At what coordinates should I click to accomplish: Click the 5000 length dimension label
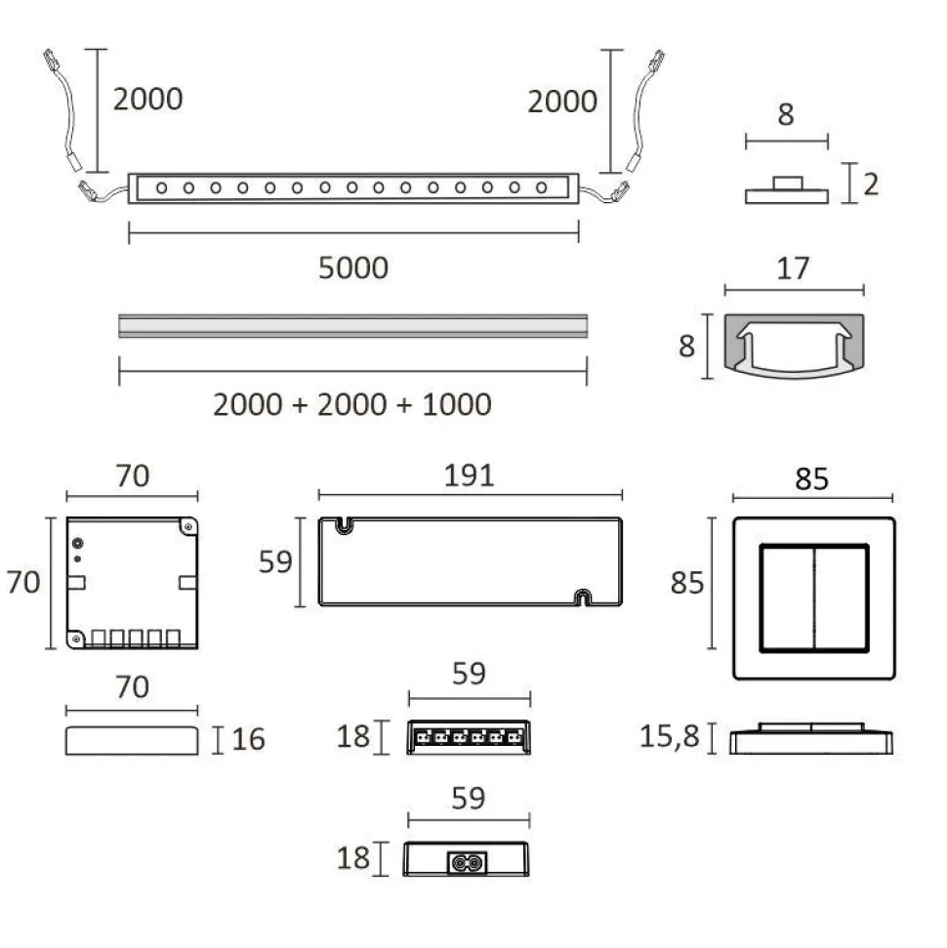(x=353, y=268)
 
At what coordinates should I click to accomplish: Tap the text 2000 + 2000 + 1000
(x=351, y=404)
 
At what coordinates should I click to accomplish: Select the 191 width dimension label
(x=470, y=475)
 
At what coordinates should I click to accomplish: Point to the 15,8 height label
(x=670, y=736)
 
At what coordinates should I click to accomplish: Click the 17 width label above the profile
(x=793, y=268)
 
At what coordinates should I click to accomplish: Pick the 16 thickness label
(x=249, y=739)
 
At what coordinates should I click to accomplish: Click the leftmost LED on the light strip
(x=161, y=188)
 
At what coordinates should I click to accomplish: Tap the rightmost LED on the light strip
(x=542, y=188)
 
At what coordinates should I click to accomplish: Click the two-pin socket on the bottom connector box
(x=467, y=862)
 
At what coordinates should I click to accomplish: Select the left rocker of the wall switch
(x=787, y=598)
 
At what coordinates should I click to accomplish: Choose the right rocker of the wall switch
(x=842, y=598)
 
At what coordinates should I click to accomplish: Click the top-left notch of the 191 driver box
(x=344, y=525)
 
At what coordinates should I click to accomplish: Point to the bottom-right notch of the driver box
(x=582, y=598)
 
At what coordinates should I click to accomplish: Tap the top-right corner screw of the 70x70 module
(x=188, y=527)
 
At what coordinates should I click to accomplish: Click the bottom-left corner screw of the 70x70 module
(x=76, y=638)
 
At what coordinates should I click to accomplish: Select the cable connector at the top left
(x=50, y=60)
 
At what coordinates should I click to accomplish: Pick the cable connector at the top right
(x=657, y=61)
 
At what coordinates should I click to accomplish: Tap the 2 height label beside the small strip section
(x=871, y=184)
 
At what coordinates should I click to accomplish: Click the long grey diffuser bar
(x=353, y=326)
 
